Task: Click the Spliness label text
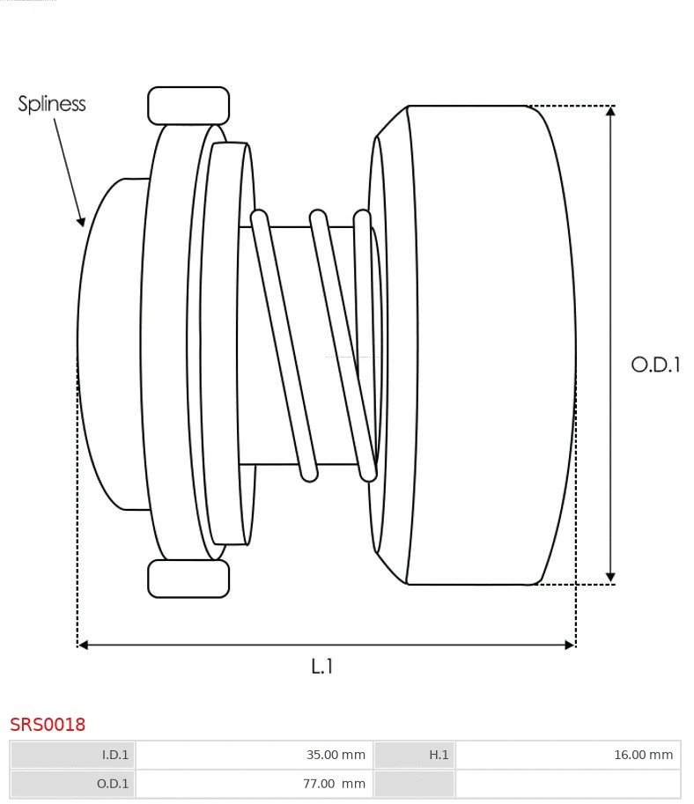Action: pos(52,104)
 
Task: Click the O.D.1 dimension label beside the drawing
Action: pos(655,365)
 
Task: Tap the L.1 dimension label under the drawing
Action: pos(322,667)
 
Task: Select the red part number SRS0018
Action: pos(48,725)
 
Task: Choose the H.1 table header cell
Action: pos(414,755)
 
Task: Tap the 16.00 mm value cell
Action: pos(567,755)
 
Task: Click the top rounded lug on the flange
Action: pos(188,106)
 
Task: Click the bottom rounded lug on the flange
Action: pos(188,579)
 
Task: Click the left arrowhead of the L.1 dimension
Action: pos(84,645)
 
